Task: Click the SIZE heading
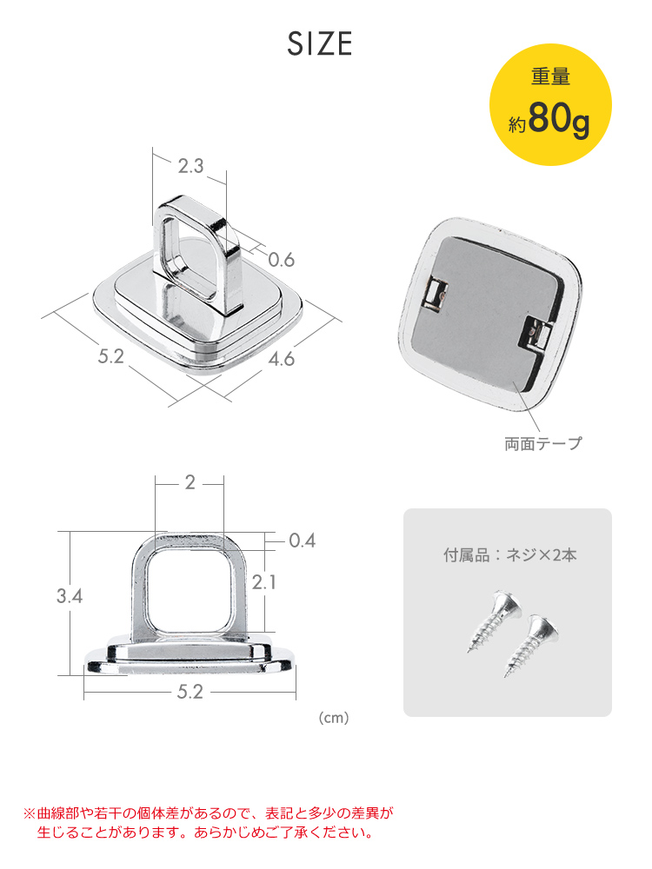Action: point(320,43)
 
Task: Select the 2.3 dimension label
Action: point(190,166)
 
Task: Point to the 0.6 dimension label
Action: point(281,259)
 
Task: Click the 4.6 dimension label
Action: point(280,357)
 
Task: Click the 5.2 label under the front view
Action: point(190,692)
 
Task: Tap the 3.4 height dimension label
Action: point(70,596)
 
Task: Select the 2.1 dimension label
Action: point(263,582)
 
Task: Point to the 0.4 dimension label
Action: point(301,541)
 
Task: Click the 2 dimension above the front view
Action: point(190,483)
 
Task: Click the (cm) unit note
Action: point(334,719)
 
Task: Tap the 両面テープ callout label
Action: point(542,444)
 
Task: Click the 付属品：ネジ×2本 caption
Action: point(509,554)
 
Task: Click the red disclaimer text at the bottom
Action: point(209,823)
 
